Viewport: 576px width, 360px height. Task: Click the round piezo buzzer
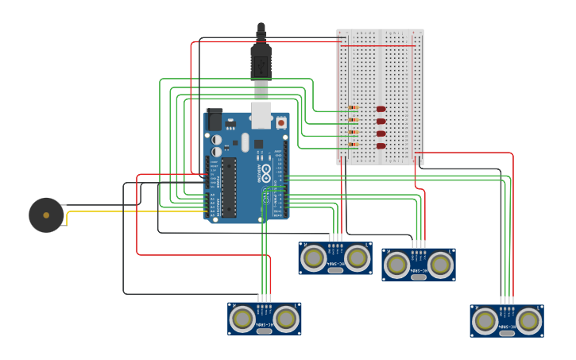tap(46, 215)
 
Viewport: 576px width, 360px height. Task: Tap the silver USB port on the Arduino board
tap(261, 114)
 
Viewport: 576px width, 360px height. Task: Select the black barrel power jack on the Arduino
tap(214, 119)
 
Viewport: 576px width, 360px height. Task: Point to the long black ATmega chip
tap(229, 188)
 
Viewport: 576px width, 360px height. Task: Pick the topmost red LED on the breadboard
tap(381, 109)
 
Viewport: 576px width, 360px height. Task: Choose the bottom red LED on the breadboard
tap(381, 145)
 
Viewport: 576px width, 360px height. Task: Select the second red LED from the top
tap(381, 122)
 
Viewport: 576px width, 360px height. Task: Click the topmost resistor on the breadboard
tap(354, 108)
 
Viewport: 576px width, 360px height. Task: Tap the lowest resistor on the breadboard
tap(354, 145)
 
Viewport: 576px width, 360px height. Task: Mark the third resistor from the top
tap(354, 133)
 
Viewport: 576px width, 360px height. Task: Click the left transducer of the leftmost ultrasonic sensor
tap(242, 319)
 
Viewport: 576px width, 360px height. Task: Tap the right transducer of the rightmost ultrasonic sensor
tap(529, 321)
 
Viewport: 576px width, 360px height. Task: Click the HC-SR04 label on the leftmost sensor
tap(265, 324)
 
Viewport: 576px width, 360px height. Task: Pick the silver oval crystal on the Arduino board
tap(245, 142)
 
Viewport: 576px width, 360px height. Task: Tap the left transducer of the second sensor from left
tap(313, 257)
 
